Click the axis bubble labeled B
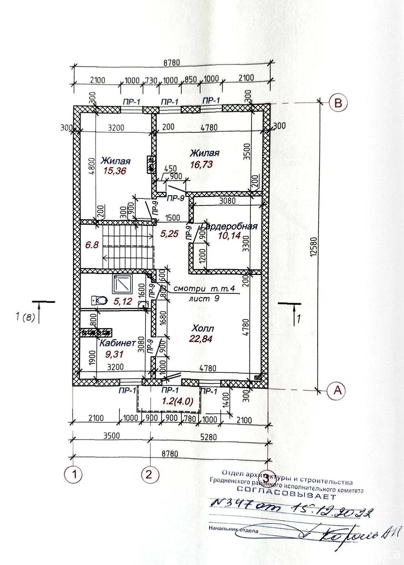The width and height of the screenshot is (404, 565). click(x=338, y=103)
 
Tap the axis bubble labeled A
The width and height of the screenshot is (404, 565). click(x=337, y=391)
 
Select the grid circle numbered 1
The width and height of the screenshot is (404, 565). click(x=73, y=475)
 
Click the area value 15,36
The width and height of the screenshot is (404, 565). click(x=114, y=171)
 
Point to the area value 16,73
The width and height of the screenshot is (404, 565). click(x=201, y=165)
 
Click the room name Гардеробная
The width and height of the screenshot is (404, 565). click(x=229, y=226)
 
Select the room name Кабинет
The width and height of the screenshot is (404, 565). click(x=117, y=343)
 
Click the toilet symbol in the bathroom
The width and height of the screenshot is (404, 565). click(x=99, y=301)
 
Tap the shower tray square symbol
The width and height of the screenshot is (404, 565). click(x=122, y=284)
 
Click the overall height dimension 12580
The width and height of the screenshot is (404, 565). click(x=314, y=247)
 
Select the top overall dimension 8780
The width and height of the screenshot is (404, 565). click(x=171, y=63)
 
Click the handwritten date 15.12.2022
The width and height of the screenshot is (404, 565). click(x=332, y=511)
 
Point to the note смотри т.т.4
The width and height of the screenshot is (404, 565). click(x=204, y=289)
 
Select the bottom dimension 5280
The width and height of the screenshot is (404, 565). click(x=208, y=437)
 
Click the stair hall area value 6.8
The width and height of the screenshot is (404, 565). click(x=92, y=245)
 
